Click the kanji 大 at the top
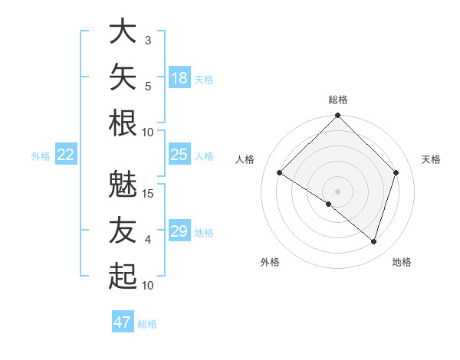(x=123, y=31)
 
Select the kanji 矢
(x=123, y=77)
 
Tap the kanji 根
(x=123, y=123)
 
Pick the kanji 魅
(x=123, y=184)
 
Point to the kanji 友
(x=123, y=230)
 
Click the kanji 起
(x=123, y=276)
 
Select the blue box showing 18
(x=179, y=77)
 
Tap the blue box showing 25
(x=179, y=154)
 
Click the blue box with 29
(x=179, y=230)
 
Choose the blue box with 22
(x=66, y=154)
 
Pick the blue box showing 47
(x=123, y=321)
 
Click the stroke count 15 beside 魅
(x=147, y=194)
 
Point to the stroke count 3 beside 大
(x=148, y=41)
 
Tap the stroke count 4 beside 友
(x=148, y=240)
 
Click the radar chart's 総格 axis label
(x=338, y=100)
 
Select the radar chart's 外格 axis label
(x=270, y=262)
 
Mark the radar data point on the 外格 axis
(x=329, y=204)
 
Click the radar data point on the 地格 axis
(x=373, y=242)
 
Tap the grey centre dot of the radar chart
(x=337, y=191)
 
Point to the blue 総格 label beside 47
(x=147, y=324)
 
